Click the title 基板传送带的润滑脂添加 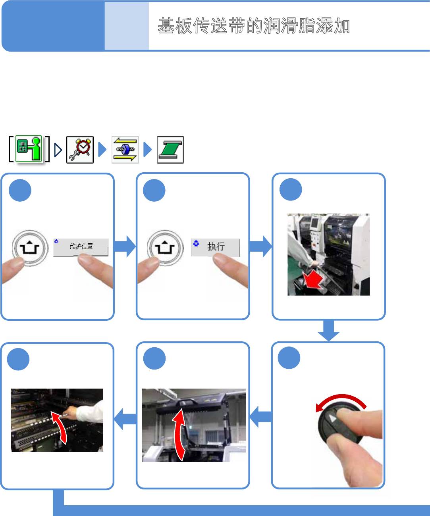tap(254, 26)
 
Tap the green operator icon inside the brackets tap(29, 149)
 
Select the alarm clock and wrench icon tap(80, 150)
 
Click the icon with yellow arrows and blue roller tap(125, 150)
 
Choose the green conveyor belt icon tap(170, 150)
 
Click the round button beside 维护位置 tap(30, 248)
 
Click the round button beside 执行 tap(165, 248)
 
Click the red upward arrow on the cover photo tap(179, 435)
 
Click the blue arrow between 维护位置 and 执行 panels tap(125, 246)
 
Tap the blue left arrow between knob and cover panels tap(260, 417)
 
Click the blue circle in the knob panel tap(289, 358)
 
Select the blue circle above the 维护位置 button tap(20, 190)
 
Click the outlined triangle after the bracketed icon tap(58, 150)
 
